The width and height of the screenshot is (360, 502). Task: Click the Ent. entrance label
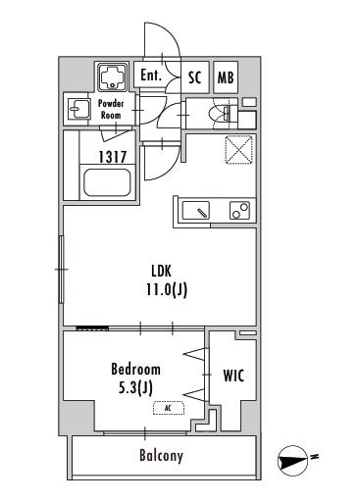151,75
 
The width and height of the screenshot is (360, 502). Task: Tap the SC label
194,77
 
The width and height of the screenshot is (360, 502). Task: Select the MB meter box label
226,77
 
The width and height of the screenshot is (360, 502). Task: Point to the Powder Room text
111,109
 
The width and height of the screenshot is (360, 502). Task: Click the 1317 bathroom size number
113,157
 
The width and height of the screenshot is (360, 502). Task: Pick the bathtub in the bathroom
107,182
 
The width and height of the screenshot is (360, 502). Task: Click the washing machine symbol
113,77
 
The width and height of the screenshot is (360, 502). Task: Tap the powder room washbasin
78,109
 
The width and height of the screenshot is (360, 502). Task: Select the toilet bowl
222,113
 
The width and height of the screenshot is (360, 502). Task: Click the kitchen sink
196,210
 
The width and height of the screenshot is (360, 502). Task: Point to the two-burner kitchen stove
239,210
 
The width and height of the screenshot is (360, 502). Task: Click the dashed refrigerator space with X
239,149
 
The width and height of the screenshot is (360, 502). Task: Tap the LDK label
161,271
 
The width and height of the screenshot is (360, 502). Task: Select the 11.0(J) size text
167,289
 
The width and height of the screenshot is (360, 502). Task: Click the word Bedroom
135,370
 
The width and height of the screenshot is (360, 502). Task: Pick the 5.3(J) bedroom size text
135,388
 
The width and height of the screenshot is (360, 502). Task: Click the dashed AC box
169,408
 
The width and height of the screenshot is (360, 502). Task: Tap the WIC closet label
233,376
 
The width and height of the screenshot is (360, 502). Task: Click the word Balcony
161,456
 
